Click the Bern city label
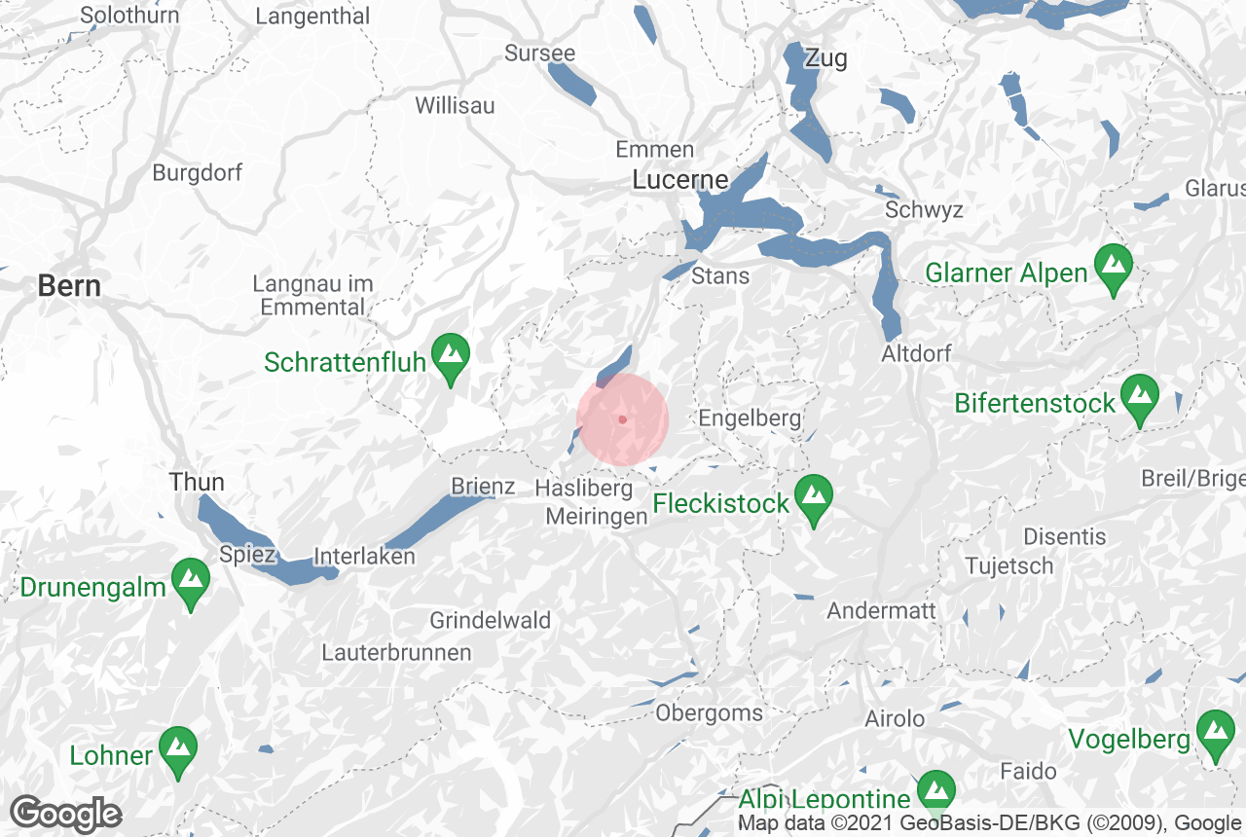pyautogui.click(x=69, y=286)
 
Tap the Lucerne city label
pyautogui.click(x=680, y=180)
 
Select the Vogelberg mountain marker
pyautogui.click(x=1215, y=736)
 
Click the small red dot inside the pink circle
pyautogui.click(x=622, y=419)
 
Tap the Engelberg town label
pyautogui.click(x=751, y=418)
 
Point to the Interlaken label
pyautogui.click(x=364, y=558)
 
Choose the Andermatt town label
pyautogui.click(x=881, y=611)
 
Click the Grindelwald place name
pyautogui.click(x=490, y=620)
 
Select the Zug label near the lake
pyautogui.click(x=825, y=58)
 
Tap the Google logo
pyautogui.click(x=65, y=814)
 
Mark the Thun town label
pyautogui.click(x=197, y=482)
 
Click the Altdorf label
pyautogui.click(x=916, y=353)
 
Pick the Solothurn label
pyautogui.click(x=129, y=16)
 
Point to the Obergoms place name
pyautogui.click(x=709, y=713)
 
